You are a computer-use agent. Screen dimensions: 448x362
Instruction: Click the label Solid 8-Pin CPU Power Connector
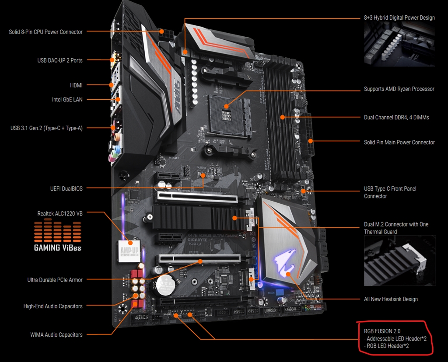[x=45, y=32]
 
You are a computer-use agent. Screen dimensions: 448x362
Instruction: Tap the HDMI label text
[x=76, y=85]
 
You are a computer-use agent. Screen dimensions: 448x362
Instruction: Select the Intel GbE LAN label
[x=67, y=100]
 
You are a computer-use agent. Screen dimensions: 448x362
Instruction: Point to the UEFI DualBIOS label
[x=66, y=189]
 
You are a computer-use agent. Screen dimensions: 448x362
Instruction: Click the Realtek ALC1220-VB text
[x=59, y=213]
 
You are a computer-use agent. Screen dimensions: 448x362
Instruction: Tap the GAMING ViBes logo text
[x=57, y=247]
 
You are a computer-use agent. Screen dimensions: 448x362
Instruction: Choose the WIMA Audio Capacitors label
[x=56, y=334]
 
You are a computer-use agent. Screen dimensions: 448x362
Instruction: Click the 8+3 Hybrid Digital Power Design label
[x=399, y=17]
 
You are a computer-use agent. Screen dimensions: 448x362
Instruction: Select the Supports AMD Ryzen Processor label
[x=399, y=89]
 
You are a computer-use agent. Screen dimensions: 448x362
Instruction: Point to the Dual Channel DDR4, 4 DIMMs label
[x=396, y=117]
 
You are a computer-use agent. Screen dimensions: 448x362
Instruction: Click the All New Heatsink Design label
[x=391, y=299]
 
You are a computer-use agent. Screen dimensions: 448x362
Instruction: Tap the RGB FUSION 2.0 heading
[x=382, y=331]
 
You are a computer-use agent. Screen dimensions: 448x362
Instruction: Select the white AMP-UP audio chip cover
[x=129, y=251]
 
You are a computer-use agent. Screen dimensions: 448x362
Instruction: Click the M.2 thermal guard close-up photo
[x=399, y=261]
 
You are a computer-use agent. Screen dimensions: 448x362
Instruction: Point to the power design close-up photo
[x=399, y=44]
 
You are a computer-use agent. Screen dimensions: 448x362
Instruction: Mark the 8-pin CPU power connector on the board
[x=165, y=34]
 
